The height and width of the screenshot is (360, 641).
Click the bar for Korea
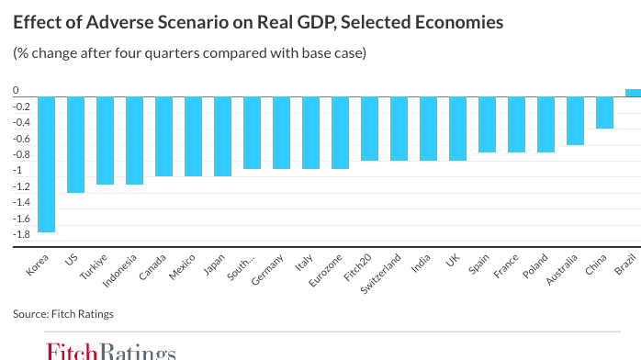(x=46, y=164)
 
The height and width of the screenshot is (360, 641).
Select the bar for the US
(x=75, y=144)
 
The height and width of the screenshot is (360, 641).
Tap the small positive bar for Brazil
(x=633, y=92)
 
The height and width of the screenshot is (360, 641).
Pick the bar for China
(x=603, y=112)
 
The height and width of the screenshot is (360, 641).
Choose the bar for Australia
(x=574, y=120)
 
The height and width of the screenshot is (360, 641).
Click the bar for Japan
(x=222, y=136)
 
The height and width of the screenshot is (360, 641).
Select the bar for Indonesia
(x=134, y=141)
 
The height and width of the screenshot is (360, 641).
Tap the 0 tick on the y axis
(x=16, y=91)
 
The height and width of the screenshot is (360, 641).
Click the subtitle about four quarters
(x=189, y=53)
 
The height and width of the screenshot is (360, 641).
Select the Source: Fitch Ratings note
(x=63, y=314)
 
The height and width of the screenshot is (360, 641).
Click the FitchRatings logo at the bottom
(x=110, y=351)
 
